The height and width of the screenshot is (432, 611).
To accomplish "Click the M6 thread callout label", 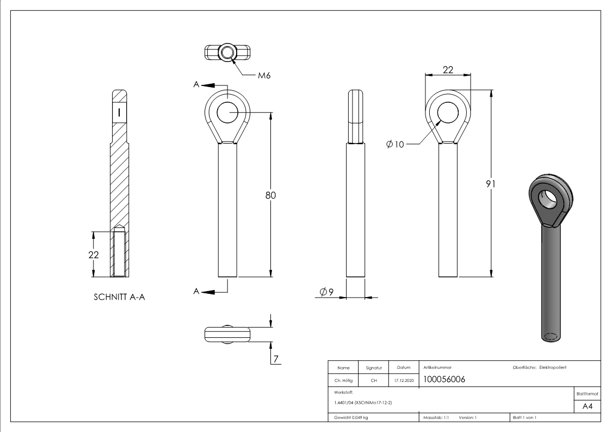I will click(x=264, y=76).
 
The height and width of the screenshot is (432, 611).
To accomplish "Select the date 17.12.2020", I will click(x=402, y=381).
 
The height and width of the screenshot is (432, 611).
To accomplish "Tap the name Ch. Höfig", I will click(x=343, y=381).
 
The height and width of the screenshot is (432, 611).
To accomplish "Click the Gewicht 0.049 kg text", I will click(x=349, y=418).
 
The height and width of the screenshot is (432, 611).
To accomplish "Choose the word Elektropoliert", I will click(x=553, y=368).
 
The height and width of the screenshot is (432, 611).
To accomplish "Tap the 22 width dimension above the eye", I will click(x=448, y=69).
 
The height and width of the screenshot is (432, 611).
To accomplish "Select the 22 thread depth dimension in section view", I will click(x=94, y=255).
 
